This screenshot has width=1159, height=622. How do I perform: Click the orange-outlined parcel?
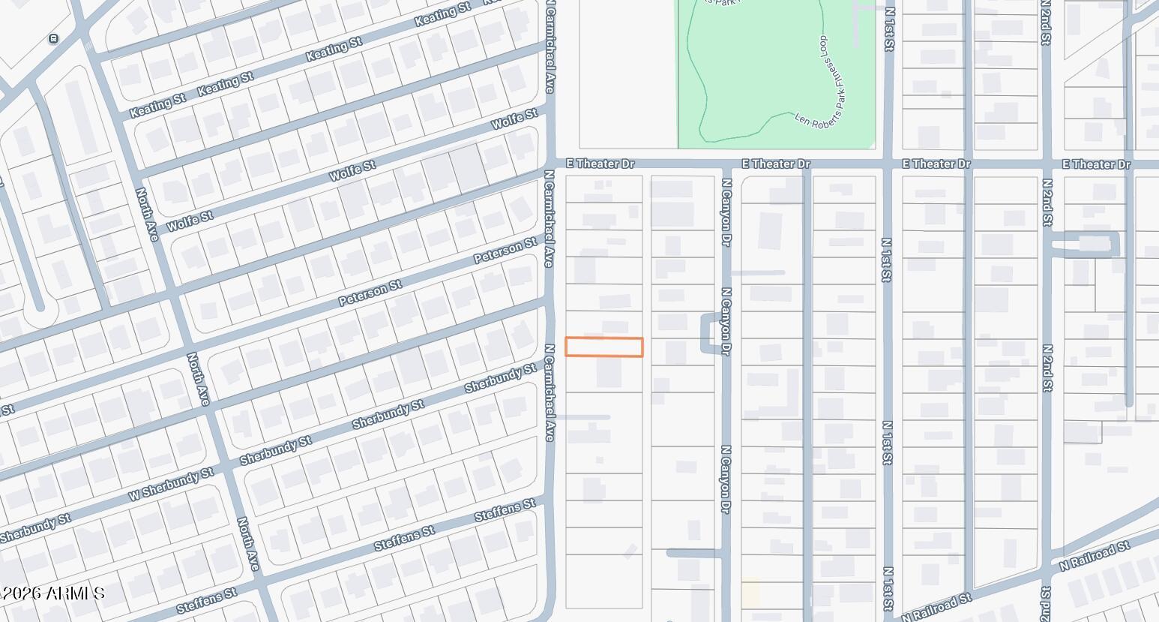603,347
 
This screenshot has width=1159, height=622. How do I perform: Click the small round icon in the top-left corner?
53,39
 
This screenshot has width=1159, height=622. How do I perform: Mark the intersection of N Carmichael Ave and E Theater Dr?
550,164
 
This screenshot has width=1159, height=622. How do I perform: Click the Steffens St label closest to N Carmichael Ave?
505,511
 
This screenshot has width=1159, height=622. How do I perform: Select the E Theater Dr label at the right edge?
1096,164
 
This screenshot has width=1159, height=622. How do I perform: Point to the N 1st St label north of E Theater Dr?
890,30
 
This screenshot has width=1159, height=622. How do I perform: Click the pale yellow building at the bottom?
750,592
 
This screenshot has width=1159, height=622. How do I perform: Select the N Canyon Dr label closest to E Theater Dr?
726,212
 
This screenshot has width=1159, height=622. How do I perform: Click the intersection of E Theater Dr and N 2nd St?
1047,164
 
